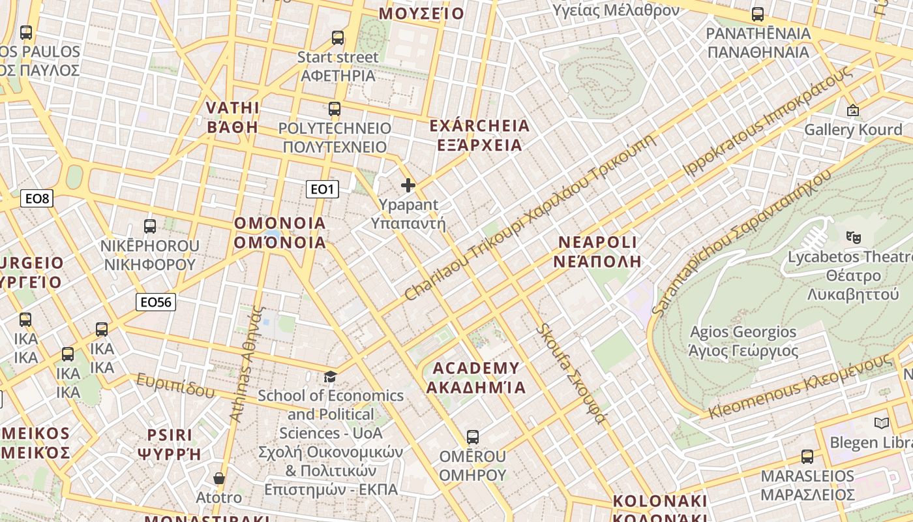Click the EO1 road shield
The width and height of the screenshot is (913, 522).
coord(322,189)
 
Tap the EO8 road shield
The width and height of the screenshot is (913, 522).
coord(37,198)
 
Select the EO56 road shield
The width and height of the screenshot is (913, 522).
coord(156,302)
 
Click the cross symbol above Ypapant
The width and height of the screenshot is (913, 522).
coord(408,185)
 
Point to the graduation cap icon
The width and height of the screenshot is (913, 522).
coord(331,376)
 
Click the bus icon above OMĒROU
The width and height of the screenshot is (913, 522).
coord(473,437)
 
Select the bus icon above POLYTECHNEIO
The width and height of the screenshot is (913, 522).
coord(335,109)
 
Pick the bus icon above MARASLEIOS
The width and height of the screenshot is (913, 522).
coord(807,456)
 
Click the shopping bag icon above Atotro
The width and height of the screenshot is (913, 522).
coord(219,478)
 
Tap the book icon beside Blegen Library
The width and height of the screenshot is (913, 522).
coord(882,423)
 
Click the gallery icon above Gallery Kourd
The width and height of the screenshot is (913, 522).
coord(852,110)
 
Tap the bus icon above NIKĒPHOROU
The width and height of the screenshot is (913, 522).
coord(150,226)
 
